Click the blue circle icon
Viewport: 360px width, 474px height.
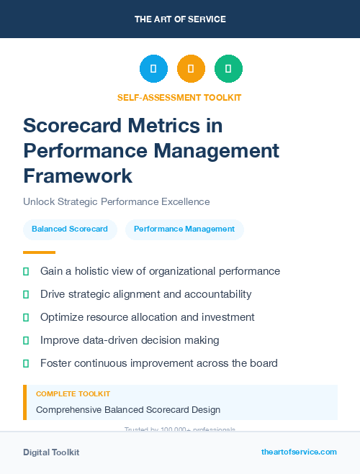pos(153,69)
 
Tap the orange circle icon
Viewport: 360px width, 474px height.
pos(191,69)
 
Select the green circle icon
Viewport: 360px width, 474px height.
pos(228,69)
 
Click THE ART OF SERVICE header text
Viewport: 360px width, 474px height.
pos(180,19)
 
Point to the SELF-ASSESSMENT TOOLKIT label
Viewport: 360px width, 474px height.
pos(179,97)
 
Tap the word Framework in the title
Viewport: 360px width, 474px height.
pos(78,176)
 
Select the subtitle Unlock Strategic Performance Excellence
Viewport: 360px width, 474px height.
pos(116,201)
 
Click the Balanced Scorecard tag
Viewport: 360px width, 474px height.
pos(70,229)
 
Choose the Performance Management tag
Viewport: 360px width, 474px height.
pos(184,229)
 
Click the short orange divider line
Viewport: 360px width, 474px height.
pos(39,252)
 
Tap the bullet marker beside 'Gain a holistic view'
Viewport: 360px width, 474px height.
pos(26,271)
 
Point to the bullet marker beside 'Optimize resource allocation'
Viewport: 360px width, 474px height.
pos(26,317)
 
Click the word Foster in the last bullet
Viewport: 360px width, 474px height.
pos(55,363)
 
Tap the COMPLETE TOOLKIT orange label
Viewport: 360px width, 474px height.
pos(73,394)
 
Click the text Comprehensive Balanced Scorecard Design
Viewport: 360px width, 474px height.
pos(128,410)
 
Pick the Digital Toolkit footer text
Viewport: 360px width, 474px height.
pos(51,452)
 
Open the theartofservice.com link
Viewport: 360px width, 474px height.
pos(299,452)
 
